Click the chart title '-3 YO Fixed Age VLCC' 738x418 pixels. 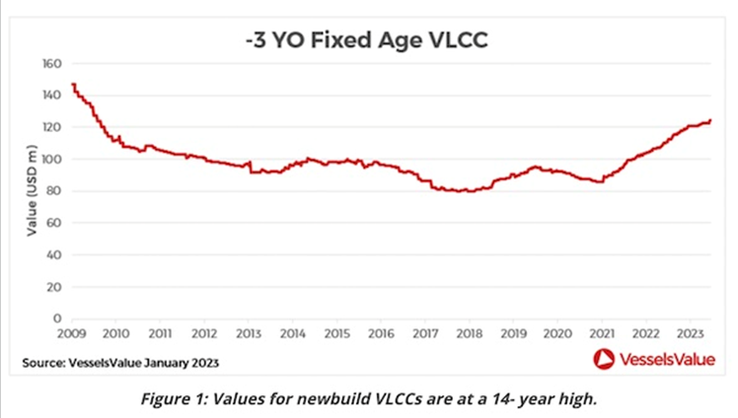pos(367,42)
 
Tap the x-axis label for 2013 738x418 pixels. pos(249,334)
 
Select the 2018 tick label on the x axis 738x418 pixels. pos(468,334)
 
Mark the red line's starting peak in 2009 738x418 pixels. pos(74,85)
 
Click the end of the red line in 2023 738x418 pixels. pos(709,121)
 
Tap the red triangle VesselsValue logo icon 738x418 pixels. pos(604,360)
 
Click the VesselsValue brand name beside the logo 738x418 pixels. pos(667,361)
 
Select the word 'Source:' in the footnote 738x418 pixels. pos(43,364)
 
